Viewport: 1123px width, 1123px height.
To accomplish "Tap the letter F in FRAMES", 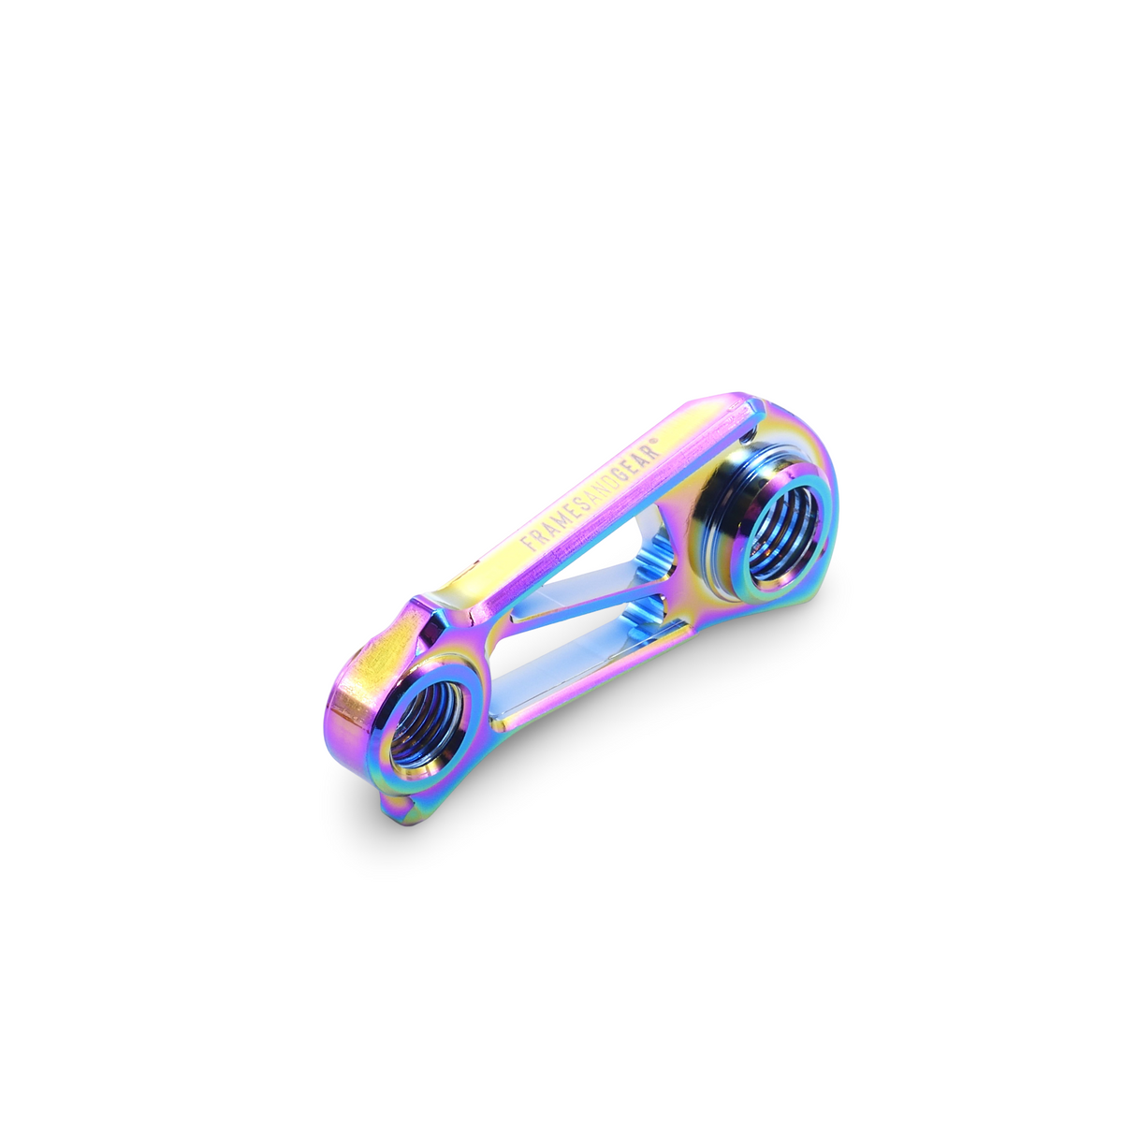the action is point(527,543).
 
